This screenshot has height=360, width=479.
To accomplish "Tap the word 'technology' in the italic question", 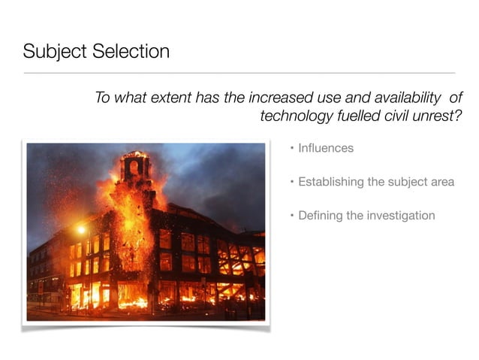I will (x=294, y=116).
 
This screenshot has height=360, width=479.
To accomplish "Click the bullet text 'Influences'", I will (x=326, y=148).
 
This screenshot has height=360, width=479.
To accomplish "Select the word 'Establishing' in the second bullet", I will (x=331, y=182).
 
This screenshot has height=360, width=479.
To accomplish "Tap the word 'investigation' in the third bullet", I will (x=401, y=216).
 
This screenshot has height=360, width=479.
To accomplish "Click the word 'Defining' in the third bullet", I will (x=321, y=216).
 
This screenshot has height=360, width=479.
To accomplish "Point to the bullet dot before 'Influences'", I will (x=293, y=148).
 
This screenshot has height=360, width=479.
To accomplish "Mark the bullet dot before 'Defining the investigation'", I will (x=293, y=216).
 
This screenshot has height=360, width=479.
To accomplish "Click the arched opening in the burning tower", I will (x=134, y=167).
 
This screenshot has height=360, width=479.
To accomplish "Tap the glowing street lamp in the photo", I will (x=80, y=229).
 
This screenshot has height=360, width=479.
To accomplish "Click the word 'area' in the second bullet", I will (x=441, y=182).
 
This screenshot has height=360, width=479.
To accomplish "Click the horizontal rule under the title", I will (x=239, y=74).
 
